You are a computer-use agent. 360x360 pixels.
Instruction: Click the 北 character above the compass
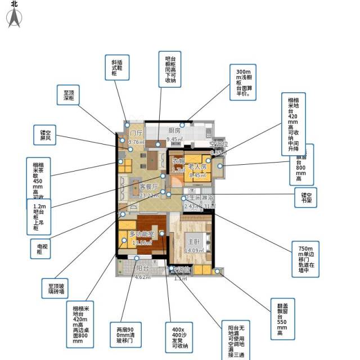14,3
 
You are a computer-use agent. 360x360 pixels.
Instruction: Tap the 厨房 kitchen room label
174,131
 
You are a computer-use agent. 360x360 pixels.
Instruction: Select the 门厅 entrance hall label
136,133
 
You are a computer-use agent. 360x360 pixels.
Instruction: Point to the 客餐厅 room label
149,187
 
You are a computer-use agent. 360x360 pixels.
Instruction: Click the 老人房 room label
198,167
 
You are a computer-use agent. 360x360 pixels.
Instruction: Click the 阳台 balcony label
143,269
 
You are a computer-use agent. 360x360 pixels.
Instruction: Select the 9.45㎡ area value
175,139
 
